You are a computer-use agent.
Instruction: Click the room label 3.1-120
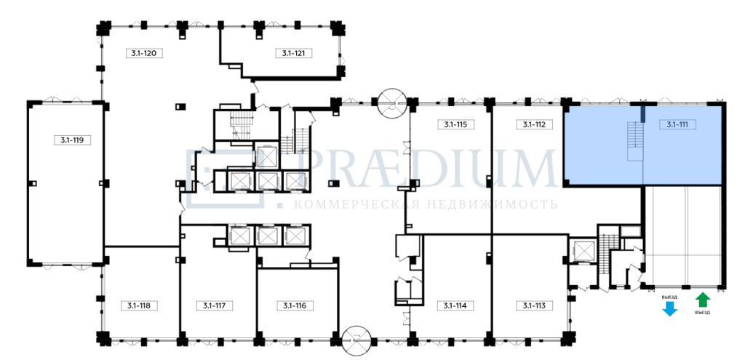tap(145, 53)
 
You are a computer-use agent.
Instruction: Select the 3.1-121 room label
tap(294, 53)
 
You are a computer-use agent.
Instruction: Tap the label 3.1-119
tap(72, 140)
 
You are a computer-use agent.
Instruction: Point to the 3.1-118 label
tap(139, 305)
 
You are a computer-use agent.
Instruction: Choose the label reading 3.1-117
tap(215, 305)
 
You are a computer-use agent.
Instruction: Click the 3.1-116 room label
tap(295, 305)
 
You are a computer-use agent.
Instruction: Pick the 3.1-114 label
tap(455, 305)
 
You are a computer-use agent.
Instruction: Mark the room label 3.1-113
tap(535, 305)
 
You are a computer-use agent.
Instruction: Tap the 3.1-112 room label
tap(535, 124)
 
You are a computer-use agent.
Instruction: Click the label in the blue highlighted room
tap(678, 124)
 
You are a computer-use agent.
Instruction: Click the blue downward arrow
tap(669, 309)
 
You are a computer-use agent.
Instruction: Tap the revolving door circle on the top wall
tap(392, 103)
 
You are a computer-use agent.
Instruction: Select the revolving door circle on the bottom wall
tap(356, 340)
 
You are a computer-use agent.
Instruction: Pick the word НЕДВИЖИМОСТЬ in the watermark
tap(490, 204)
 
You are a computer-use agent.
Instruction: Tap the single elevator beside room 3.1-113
tap(584, 251)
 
